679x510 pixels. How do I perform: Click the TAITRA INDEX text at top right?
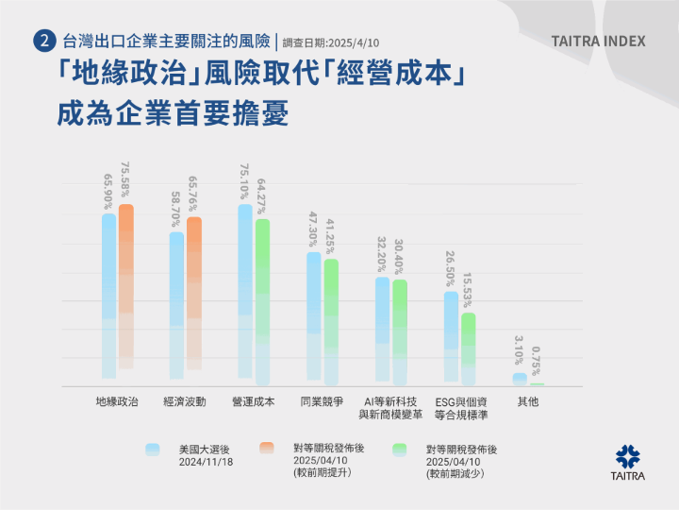(599, 42)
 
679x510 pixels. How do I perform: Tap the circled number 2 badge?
(42, 42)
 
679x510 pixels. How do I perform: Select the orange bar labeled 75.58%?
(125, 283)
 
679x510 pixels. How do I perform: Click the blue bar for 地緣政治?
(109, 293)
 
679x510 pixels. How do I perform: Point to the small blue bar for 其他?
(520, 379)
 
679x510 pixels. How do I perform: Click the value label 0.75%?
(537, 363)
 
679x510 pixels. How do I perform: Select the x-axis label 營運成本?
(254, 401)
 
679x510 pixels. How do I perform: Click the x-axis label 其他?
(528, 401)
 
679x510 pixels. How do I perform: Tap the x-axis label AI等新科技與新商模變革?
(390, 408)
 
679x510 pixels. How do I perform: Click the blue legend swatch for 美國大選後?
(153, 450)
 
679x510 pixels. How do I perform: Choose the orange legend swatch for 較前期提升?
(267, 450)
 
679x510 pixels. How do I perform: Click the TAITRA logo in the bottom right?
(629, 461)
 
